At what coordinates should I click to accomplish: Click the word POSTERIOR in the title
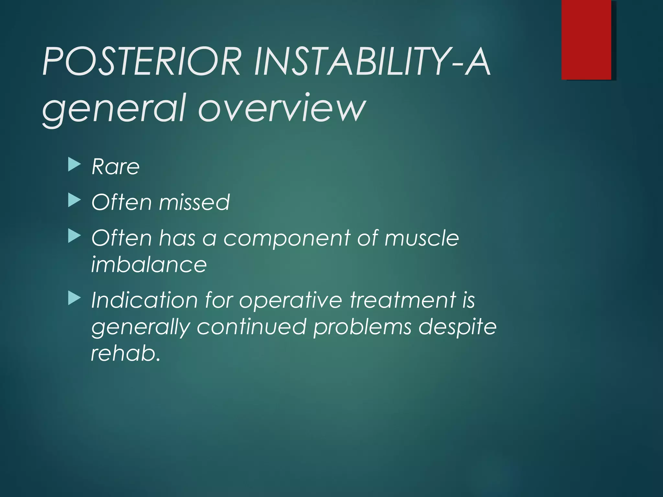click(x=142, y=61)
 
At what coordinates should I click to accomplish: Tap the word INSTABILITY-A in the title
click(x=372, y=61)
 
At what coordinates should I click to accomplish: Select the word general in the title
click(x=115, y=108)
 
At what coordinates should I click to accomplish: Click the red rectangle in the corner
click(x=586, y=39)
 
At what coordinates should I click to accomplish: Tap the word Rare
click(x=116, y=167)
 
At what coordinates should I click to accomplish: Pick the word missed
click(x=194, y=203)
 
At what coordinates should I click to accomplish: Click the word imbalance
click(x=149, y=264)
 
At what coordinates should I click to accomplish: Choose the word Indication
click(x=144, y=300)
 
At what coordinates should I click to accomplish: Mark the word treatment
click(x=403, y=300)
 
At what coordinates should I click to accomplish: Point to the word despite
click(x=457, y=327)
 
